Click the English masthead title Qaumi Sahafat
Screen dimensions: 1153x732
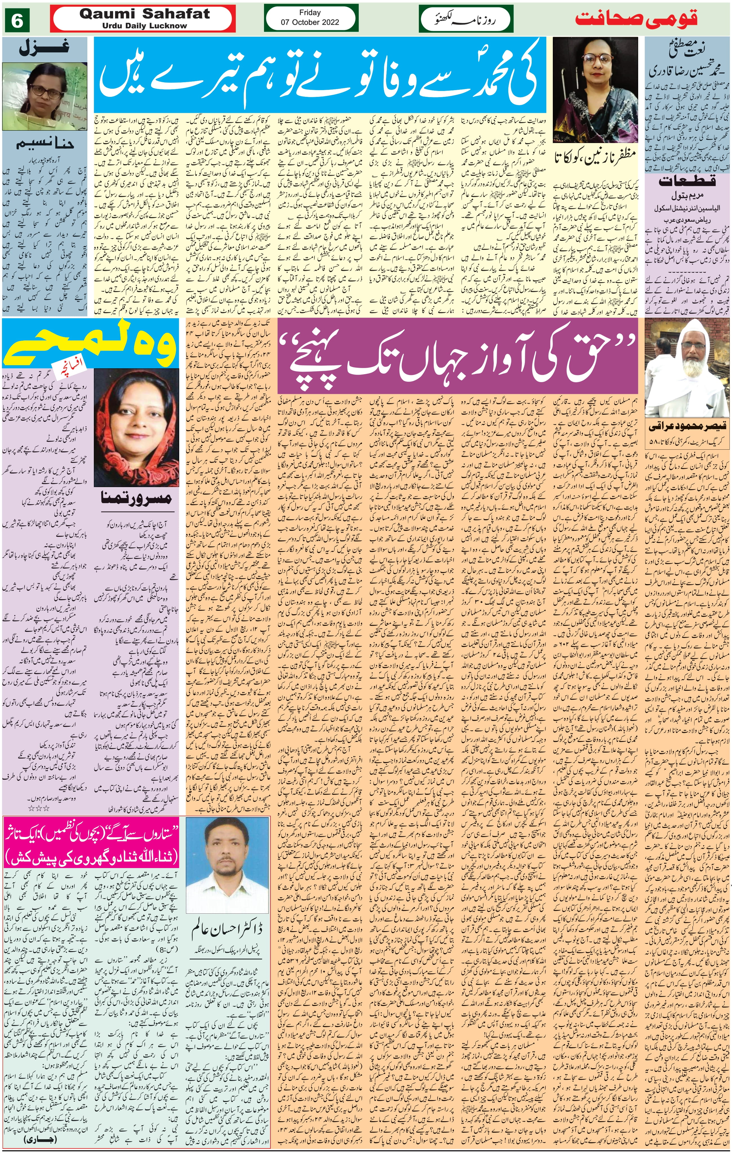click(144, 14)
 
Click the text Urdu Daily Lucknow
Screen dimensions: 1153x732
click(144, 26)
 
